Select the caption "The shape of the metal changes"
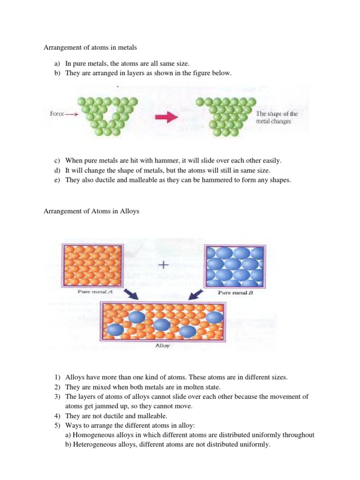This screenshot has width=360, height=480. [277, 117]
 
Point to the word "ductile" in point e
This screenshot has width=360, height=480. [104, 179]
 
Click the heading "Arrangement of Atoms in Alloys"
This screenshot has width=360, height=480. [91, 211]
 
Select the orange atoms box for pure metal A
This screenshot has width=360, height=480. [93, 265]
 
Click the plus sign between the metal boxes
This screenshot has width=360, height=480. [164, 264]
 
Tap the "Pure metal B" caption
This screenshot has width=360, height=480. [236, 292]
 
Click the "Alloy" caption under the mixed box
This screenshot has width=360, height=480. [162, 347]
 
